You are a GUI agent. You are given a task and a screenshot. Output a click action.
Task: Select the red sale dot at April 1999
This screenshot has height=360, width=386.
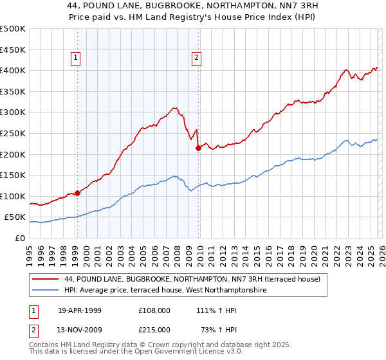[77, 192]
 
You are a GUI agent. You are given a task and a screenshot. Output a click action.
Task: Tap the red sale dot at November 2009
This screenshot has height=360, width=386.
[198, 148]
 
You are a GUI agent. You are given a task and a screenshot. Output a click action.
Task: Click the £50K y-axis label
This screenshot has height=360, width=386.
[15, 217]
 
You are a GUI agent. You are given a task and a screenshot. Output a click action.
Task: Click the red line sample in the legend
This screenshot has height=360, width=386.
[46, 279]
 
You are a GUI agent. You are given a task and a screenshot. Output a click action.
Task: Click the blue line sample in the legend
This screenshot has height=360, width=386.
[46, 291]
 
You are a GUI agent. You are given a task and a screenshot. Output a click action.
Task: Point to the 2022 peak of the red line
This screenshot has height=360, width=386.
[346, 69]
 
